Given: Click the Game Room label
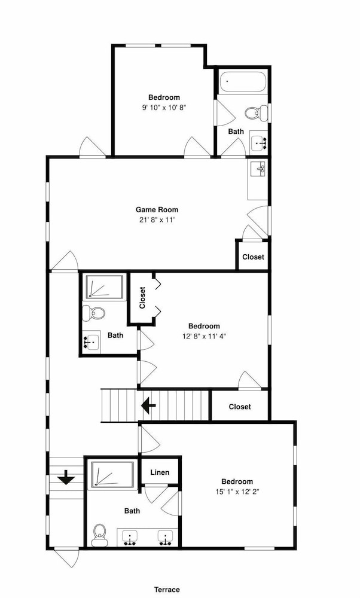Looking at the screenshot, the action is tap(157, 209).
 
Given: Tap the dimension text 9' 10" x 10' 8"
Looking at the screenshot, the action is tap(164, 108).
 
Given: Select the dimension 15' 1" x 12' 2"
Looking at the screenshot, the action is tap(237, 492).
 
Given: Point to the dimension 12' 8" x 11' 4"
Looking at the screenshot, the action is tap(204, 336).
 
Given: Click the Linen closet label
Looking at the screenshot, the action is tap(160, 472).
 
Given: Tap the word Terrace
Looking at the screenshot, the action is tap(167, 590).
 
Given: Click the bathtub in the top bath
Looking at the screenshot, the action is tap(242, 82).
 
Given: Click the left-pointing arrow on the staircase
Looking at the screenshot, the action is tap(148, 405).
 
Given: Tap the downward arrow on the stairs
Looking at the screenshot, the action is tap(66, 477).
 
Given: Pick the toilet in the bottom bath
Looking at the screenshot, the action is tap(100, 535).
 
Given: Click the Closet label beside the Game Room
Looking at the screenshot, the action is tap(253, 257).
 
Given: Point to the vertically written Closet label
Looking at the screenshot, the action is tap(142, 297).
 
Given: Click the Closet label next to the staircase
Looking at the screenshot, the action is tap(240, 407).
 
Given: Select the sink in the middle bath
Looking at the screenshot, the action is tap(91, 342).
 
